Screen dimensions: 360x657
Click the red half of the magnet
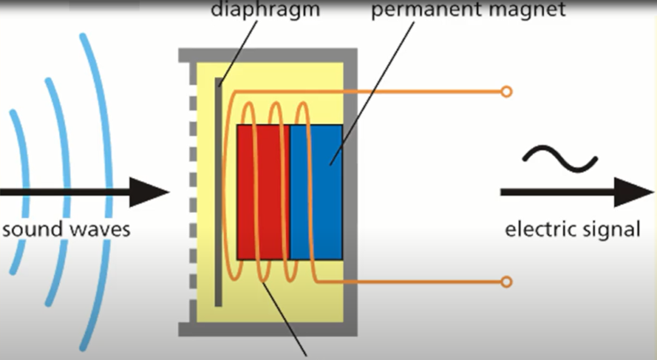pos(263,192)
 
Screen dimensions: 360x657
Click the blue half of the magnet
pos(317,192)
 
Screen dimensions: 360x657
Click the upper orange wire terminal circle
pos(506,91)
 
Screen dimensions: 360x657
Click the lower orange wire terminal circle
pos(506,281)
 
